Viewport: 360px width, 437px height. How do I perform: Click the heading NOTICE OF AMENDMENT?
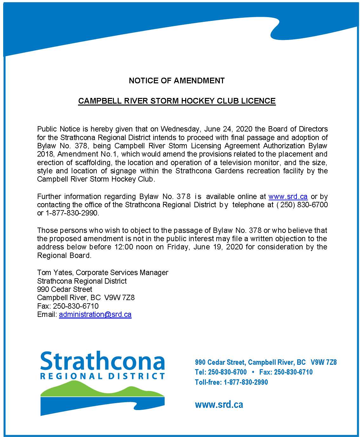click(177, 81)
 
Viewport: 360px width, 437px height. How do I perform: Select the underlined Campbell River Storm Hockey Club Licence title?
click(177, 101)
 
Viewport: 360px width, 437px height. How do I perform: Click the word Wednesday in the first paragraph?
click(180, 129)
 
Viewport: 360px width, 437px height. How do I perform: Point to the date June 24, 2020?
click(228, 129)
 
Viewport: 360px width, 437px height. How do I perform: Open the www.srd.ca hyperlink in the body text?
click(288, 196)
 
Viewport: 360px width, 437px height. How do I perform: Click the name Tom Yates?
click(55, 273)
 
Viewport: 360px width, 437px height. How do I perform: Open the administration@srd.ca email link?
click(95, 314)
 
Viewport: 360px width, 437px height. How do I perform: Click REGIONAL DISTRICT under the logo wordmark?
click(102, 376)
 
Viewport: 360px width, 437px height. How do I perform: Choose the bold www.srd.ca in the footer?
click(219, 405)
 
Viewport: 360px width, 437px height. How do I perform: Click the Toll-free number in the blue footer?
click(245, 382)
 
